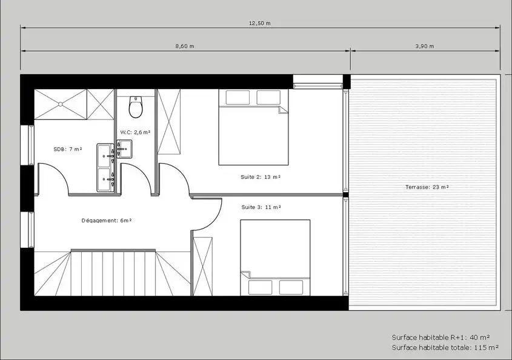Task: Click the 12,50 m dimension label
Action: coord(259,23)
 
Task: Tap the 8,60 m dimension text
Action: coord(185,46)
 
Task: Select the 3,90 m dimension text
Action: coord(425,46)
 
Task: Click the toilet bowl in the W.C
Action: coord(136,107)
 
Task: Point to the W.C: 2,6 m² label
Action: coord(135,132)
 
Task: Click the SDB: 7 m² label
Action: coord(68,149)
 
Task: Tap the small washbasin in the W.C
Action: coord(124,149)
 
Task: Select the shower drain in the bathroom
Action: coord(61,104)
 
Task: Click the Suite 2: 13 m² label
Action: coord(261,177)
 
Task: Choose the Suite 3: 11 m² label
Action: coord(261,207)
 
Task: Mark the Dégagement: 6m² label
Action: coord(107,221)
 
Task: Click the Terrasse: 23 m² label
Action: coord(427,187)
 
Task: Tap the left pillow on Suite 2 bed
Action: coord(238,98)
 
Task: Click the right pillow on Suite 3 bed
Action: coord(291,287)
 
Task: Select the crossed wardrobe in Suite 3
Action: coord(203,267)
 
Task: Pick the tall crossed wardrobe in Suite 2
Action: coord(169,122)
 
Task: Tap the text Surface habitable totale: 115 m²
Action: coord(445,348)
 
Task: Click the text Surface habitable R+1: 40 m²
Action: coord(441,338)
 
